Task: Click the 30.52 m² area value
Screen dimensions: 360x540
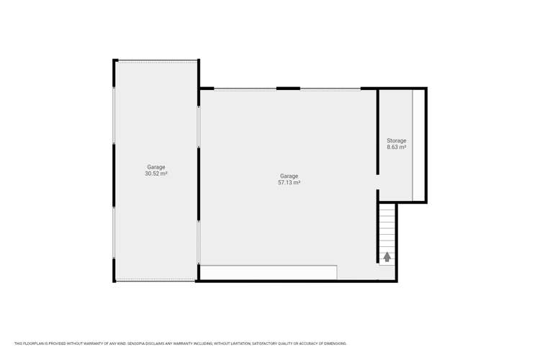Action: tap(156, 174)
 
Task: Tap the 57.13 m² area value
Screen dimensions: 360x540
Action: tap(289, 183)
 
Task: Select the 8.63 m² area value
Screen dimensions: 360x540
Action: tap(397, 147)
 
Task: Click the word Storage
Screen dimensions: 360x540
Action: tap(397, 140)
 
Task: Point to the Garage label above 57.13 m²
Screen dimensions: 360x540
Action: tap(289, 176)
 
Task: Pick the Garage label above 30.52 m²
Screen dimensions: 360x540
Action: tap(156, 167)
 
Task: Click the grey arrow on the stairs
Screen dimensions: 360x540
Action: tap(387, 256)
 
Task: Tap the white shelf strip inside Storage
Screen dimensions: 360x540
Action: tap(418, 144)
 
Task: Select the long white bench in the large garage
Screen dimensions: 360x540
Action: tap(268, 272)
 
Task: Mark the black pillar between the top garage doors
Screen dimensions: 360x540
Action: tap(288, 89)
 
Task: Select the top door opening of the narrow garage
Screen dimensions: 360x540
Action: tap(157, 61)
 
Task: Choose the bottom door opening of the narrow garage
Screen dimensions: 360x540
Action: tap(156, 281)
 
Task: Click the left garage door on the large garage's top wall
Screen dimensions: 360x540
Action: tap(245, 89)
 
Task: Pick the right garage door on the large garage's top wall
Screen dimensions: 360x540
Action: tap(330, 89)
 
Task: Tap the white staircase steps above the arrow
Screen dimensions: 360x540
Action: tap(387, 227)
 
